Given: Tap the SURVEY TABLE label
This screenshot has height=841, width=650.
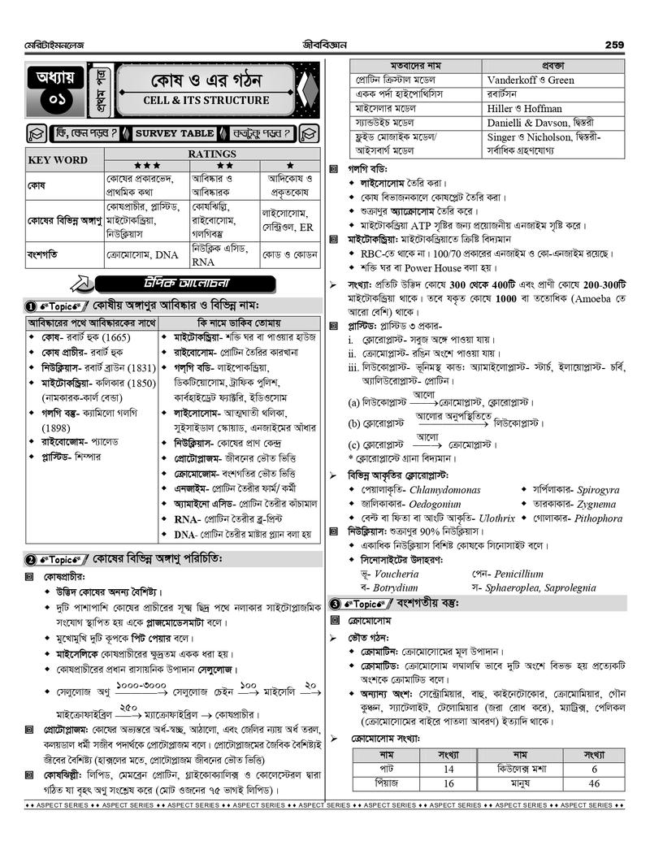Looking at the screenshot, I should (x=174, y=132).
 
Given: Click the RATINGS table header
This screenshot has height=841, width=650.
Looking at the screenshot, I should (x=212, y=154).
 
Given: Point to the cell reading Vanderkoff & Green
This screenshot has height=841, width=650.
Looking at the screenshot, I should (x=531, y=80).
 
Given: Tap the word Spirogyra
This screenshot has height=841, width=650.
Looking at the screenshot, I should (x=587, y=490).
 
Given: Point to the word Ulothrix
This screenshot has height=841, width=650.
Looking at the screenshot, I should (x=496, y=518).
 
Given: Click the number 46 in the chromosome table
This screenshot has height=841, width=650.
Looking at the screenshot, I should (x=594, y=783).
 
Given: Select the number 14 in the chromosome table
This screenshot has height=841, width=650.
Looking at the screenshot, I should (x=448, y=769).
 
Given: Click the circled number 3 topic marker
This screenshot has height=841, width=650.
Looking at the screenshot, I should (x=335, y=604).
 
